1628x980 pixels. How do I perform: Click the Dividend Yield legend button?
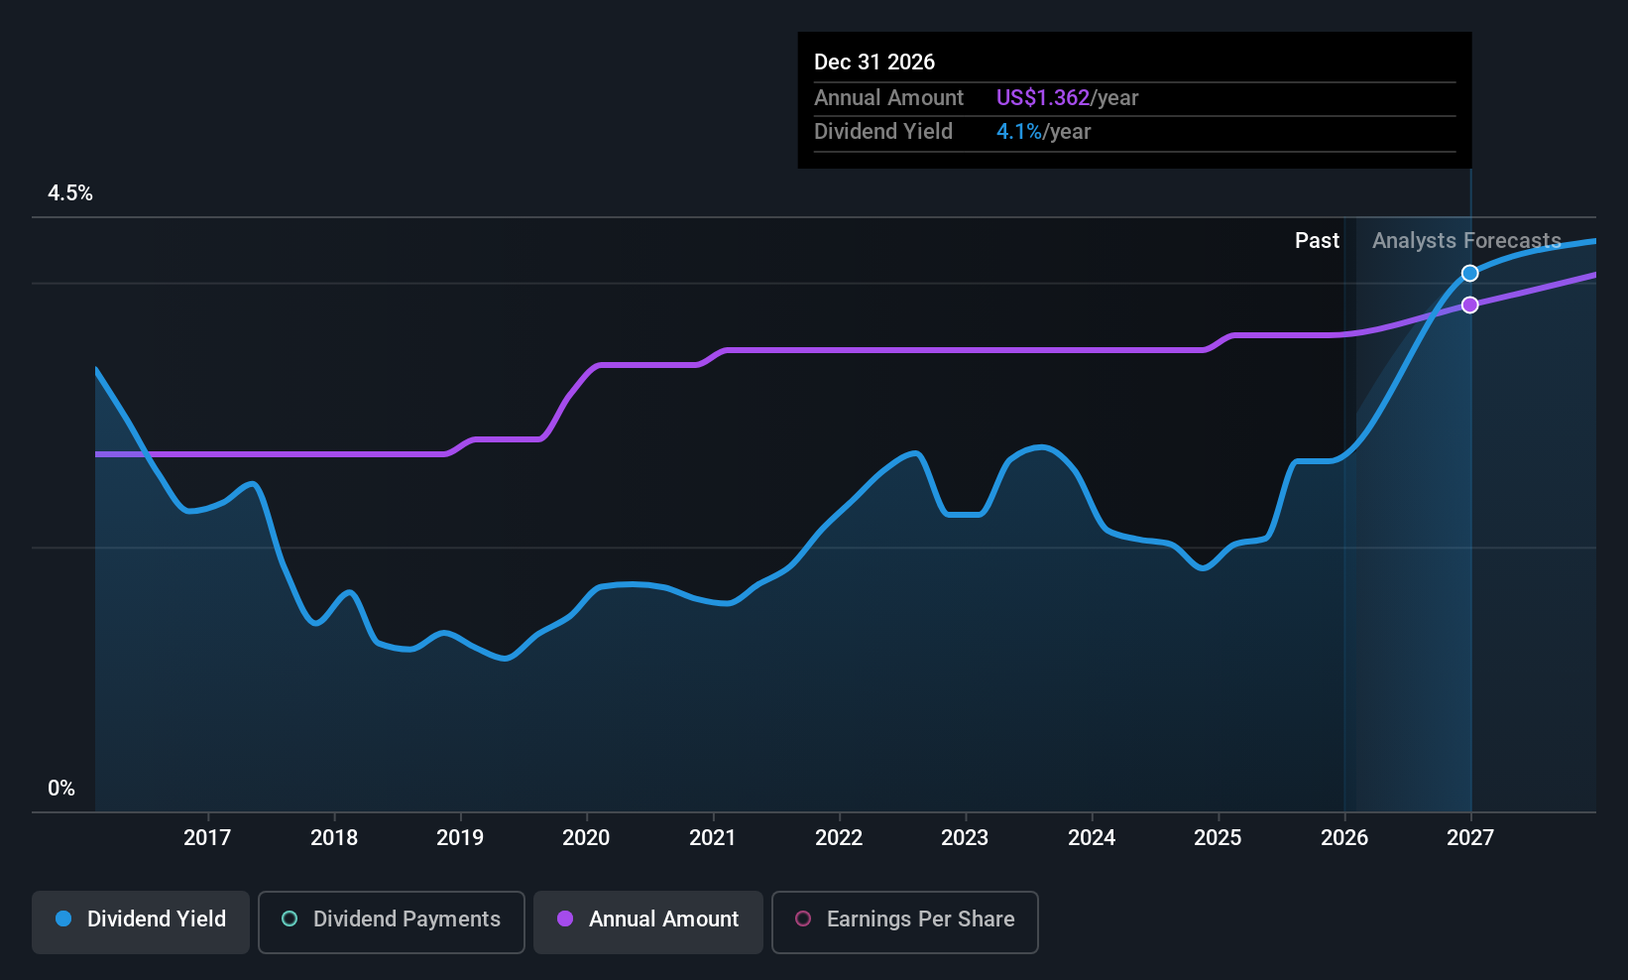(140, 921)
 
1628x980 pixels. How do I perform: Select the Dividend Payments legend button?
(391, 921)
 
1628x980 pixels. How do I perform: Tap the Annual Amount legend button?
(648, 921)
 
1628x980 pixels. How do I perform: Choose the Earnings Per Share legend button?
(905, 921)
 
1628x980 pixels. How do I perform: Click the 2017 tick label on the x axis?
(207, 837)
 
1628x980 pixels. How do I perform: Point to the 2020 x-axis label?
(586, 837)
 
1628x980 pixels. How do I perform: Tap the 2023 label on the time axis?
(965, 837)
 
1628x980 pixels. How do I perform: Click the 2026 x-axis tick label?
(1343, 837)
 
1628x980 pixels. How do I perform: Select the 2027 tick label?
(1470, 837)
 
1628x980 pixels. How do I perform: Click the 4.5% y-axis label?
(70, 193)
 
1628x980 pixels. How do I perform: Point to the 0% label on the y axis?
(61, 789)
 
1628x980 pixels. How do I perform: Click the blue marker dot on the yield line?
(1469, 274)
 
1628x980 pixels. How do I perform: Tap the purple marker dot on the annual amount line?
(1469, 305)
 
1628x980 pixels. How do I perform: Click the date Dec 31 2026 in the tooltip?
(874, 61)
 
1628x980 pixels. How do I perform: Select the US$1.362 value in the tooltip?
(1043, 97)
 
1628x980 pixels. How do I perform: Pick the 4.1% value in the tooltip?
(1019, 132)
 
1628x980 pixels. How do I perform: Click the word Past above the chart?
(1317, 241)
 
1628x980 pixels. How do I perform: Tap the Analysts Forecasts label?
(1466, 241)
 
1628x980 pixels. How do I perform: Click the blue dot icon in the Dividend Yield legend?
(64, 919)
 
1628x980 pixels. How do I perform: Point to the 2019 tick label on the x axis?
(460, 837)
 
